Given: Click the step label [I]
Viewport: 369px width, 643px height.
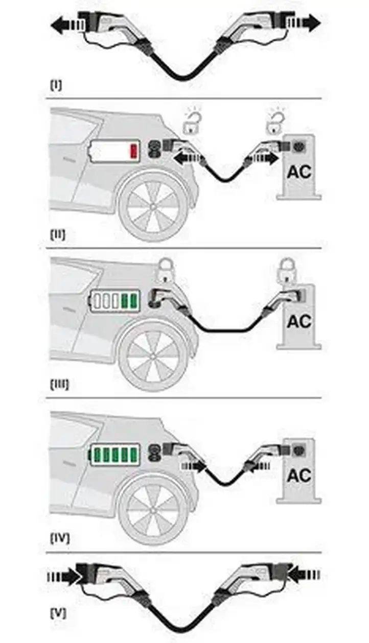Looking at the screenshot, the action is pyautogui.click(x=56, y=85).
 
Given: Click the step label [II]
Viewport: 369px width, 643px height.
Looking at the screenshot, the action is pyautogui.click(x=58, y=235).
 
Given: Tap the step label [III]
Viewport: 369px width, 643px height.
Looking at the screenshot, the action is pyautogui.click(x=60, y=385).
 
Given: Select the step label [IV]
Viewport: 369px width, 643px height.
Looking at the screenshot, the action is pyautogui.click(x=60, y=538).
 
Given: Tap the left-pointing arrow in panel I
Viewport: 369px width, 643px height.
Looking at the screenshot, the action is pyautogui.click(x=68, y=25).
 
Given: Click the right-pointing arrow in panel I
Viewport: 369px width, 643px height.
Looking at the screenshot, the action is pyautogui.click(x=304, y=22).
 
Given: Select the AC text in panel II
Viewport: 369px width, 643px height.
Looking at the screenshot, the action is pyautogui.click(x=299, y=172).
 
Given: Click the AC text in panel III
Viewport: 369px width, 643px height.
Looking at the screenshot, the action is pyautogui.click(x=299, y=321).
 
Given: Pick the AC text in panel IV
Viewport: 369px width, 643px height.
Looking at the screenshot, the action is pyautogui.click(x=299, y=475).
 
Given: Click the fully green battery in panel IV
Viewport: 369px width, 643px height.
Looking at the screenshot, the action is pyautogui.click(x=115, y=455).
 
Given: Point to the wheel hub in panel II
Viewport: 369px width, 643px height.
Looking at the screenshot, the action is pyautogui.click(x=153, y=206).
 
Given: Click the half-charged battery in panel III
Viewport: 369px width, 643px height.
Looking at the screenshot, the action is pyautogui.click(x=115, y=301).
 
